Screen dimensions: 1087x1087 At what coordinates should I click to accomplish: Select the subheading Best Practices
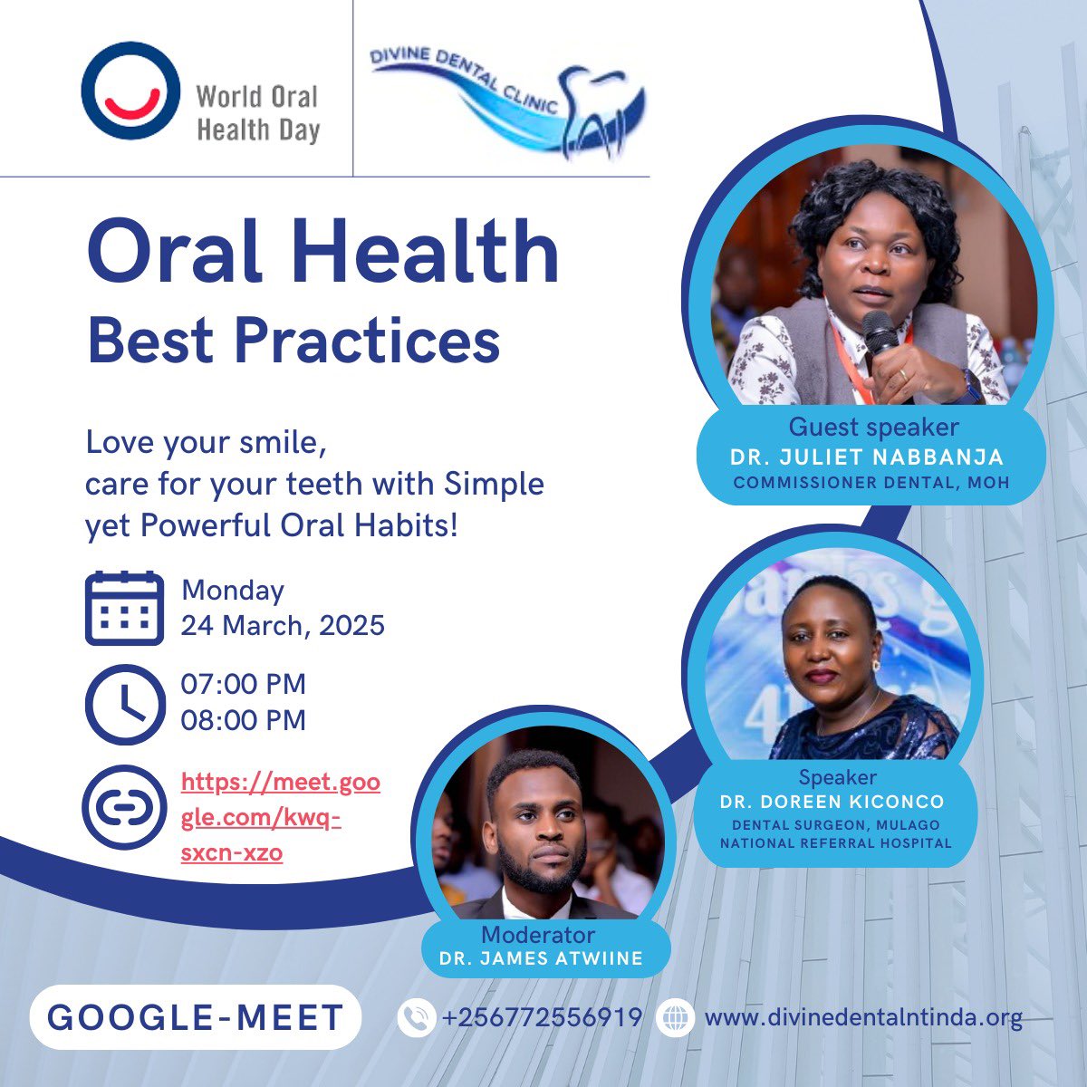click(293, 341)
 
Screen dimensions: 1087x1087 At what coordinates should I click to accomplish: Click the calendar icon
click(124, 608)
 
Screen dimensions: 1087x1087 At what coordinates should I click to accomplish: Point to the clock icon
click(124, 704)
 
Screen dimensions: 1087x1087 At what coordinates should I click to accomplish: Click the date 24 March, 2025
click(283, 625)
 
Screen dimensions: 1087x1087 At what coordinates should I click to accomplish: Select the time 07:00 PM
click(243, 683)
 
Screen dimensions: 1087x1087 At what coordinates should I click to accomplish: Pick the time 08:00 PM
click(243, 720)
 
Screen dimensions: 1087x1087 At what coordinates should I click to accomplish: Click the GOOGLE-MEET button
click(195, 1016)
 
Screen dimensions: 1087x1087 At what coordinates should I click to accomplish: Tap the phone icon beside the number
click(416, 1017)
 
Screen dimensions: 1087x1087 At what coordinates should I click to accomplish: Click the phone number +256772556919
click(542, 1017)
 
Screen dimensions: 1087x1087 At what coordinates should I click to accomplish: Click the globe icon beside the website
click(675, 1017)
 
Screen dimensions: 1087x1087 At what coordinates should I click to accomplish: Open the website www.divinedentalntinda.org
click(863, 1017)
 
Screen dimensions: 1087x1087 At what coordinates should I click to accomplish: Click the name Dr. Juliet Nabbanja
click(867, 457)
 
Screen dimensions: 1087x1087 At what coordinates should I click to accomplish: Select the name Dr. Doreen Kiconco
click(832, 802)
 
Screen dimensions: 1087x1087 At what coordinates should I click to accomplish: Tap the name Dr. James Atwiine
click(541, 958)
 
